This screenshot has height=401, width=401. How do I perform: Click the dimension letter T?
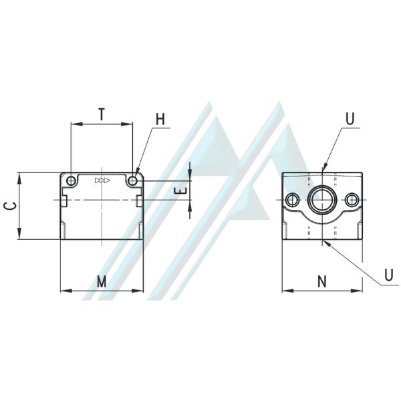[x=101, y=114]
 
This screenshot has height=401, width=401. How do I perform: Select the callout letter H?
[x=160, y=119]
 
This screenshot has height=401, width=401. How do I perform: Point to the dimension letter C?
[x=9, y=206]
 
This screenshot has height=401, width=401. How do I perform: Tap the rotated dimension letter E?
[x=178, y=191]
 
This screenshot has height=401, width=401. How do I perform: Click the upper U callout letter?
[x=350, y=119]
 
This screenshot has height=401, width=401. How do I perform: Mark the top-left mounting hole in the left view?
[x=71, y=180]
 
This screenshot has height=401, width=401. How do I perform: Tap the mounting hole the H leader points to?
[x=133, y=180]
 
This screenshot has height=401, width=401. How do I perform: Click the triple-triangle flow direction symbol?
[x=102, y=180]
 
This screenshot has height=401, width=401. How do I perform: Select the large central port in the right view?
[x=321, y=199]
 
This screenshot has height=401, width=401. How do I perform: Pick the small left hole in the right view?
[x=292, y=199]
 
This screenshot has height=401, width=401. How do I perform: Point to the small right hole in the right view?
[x=352, y=199]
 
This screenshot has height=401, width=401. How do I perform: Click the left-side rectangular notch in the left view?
[x=63, y=200]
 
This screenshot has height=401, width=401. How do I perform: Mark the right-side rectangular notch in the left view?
[x=140, y=200]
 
